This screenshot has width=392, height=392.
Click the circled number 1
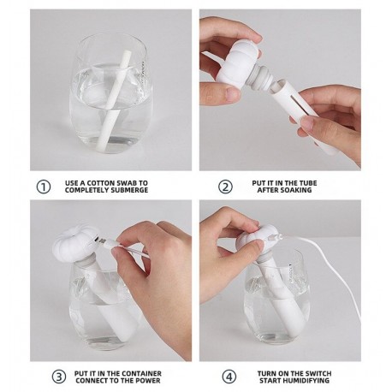coord(44,187)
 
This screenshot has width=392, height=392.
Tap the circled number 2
coord(225,187)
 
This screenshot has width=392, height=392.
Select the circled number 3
coord(59,377)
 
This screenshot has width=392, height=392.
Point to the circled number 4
coord(229,377)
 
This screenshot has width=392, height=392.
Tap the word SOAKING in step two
coord(296,190)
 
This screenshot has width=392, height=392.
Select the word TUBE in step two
coord(308,183)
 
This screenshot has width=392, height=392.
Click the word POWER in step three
coord(148,381)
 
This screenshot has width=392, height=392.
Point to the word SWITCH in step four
coord(318,373)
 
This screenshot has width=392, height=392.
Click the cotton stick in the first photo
coord(115,101)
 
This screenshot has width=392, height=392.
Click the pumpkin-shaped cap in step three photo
coord(75,243)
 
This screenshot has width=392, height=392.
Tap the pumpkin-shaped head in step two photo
coord(238,65)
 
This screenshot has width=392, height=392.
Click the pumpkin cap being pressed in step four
coord(256,241)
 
